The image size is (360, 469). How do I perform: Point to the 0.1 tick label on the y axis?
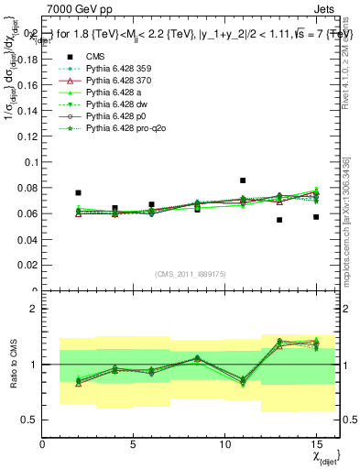coord(30,162)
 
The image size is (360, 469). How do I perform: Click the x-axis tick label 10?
coord(224,444)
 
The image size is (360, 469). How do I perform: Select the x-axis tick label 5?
coord(134,444)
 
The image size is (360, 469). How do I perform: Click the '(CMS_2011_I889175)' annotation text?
coord(191,274)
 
